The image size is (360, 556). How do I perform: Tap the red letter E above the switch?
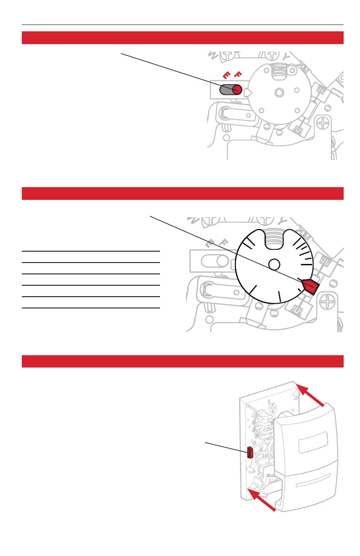[225, 76]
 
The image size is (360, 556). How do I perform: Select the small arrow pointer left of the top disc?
[248, 93]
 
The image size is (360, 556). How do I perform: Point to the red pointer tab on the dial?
[310, 287]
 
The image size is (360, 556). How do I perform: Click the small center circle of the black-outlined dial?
[273, 264]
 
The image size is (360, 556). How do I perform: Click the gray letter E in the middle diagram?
[210, 244]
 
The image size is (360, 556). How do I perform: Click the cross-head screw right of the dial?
[330, 300]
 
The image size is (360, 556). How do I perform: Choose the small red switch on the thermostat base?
[250, 452]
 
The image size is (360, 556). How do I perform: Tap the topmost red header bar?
[182, 38]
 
